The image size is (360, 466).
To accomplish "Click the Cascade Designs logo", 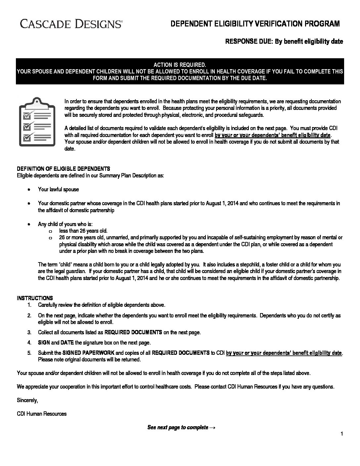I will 71,24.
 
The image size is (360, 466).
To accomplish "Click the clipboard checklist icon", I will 34,121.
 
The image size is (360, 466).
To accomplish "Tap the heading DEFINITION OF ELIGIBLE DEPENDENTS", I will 64,169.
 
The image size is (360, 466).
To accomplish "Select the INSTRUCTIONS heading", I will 35,298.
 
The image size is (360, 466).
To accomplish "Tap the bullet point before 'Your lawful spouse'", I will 29,190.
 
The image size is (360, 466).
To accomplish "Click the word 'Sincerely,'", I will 27,400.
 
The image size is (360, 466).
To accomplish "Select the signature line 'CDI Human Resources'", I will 42,414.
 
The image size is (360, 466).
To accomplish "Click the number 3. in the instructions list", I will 29,332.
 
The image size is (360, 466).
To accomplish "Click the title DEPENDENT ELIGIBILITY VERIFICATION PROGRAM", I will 255,24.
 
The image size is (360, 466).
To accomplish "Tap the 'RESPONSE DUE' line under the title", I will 284,42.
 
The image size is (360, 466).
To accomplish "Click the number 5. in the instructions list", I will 29,353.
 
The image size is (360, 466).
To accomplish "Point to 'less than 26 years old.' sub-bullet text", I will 83,231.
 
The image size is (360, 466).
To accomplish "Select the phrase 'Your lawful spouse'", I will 59,190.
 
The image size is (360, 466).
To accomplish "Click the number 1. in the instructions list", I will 29,305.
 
